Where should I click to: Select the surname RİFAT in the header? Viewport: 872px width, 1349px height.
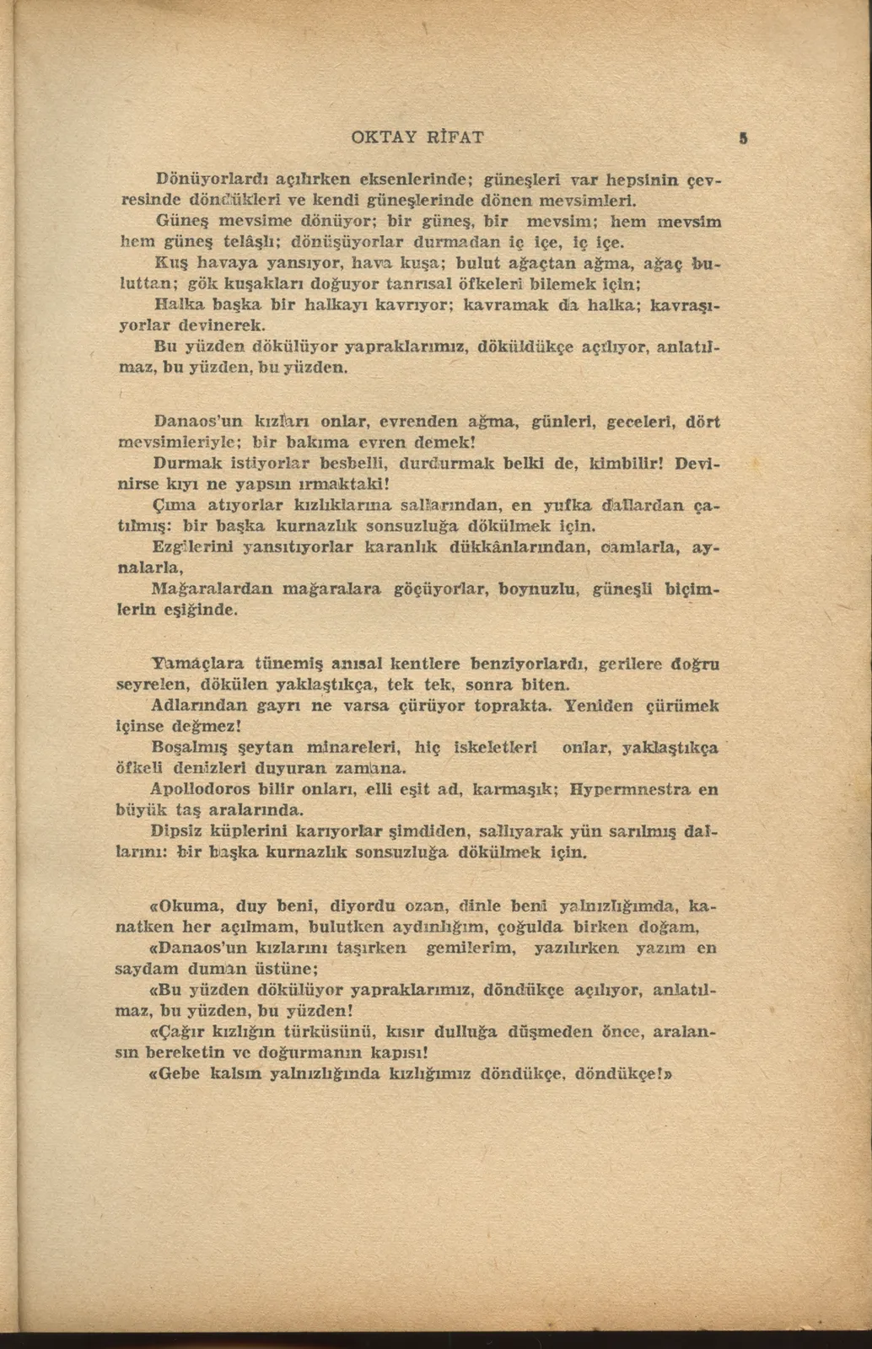point(456,137)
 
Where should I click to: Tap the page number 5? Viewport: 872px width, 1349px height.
point(743,138)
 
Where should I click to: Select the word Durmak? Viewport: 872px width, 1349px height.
point(187,463)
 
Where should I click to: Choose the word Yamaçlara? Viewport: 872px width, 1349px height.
point(190,664)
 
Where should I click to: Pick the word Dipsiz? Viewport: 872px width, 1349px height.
point(176,831)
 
